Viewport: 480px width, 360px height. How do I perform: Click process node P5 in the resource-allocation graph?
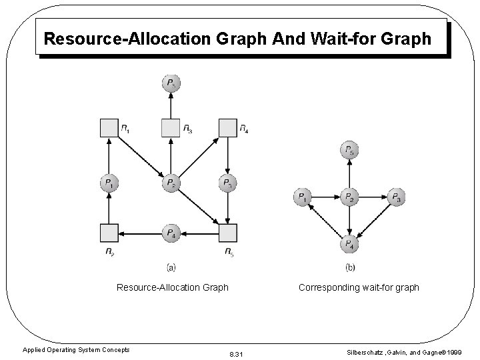[x=171, y=84]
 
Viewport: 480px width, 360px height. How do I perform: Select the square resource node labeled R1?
[x=109, y=128]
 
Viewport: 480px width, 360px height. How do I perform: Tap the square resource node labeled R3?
[x=171, y=128]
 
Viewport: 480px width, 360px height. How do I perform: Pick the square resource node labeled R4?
[x=228, y=128]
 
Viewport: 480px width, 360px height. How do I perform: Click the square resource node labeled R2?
[x=109, y=233]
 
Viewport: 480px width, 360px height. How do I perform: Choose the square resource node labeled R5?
[x=228, y=233]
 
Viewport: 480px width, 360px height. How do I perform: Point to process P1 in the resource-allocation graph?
[x=109, y=183]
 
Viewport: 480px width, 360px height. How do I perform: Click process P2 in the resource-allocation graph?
[x=171, y=183]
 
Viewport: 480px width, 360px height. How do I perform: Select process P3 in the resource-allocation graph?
[x=228, y=183]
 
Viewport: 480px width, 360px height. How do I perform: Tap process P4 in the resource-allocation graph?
[x=171, y=233]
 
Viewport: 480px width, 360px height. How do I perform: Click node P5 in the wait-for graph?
[x=349, y=151]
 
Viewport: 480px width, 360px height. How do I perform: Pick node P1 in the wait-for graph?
[x=303, y=197]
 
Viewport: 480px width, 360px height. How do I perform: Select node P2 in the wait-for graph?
[x=349, y=197]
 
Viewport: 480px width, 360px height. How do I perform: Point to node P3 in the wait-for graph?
[x=397, y=197]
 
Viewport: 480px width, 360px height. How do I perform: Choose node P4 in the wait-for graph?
[x=349, y=245]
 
